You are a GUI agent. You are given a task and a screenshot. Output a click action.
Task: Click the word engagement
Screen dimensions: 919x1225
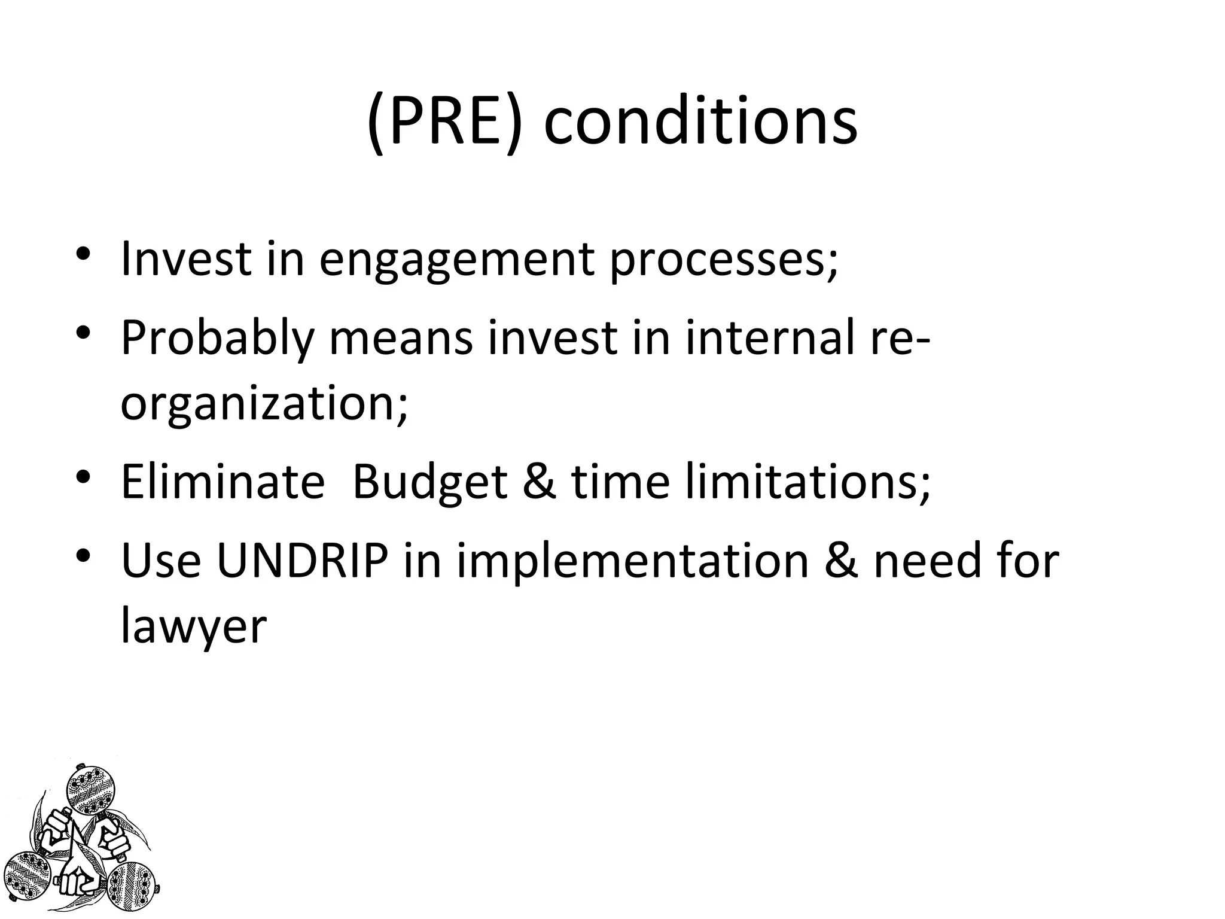coord(457,261)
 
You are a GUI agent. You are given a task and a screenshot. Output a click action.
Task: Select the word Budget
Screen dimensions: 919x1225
coord(429,482)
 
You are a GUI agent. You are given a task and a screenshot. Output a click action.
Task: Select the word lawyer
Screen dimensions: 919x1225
coord(193,628)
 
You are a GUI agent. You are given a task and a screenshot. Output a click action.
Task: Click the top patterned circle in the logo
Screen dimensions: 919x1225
coord(90,791)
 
